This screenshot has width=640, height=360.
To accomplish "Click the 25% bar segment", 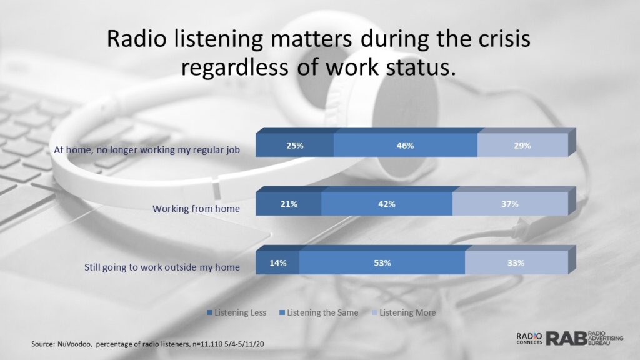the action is pos(295,145).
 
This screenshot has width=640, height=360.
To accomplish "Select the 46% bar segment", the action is pos(405,145).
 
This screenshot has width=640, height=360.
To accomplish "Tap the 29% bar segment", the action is pos(522,145).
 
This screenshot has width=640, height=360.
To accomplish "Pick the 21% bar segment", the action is pos(289,204).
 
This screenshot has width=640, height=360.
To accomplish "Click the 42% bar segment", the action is pos(386,204).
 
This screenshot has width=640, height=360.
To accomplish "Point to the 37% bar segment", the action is pos(510,204).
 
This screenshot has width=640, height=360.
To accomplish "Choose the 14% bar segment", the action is pos(277,263).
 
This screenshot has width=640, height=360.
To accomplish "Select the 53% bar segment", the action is pos(382,263).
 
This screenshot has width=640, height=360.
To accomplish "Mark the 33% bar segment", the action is pos(516,263).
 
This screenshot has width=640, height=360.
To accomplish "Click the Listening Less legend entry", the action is pos(237,312).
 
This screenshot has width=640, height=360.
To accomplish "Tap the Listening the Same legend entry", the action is pos(319,312).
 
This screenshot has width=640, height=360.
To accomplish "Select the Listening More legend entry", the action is pos(404,312).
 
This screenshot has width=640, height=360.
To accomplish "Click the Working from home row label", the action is pos(196,209).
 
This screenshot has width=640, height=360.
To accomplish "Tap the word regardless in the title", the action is pos(235,67).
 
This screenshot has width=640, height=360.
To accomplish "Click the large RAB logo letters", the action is pos(566,339).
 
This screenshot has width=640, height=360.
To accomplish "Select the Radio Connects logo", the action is pos(529,338).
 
